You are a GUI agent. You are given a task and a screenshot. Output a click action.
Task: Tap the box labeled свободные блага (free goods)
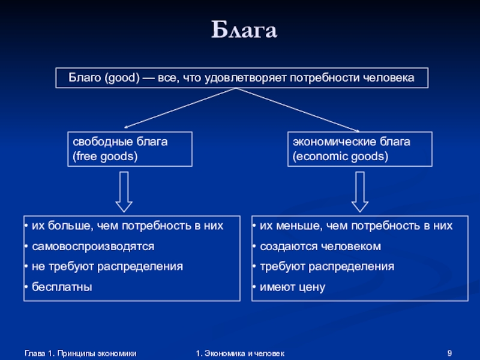point(130,149)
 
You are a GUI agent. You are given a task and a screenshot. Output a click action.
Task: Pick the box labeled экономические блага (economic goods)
point(360,149)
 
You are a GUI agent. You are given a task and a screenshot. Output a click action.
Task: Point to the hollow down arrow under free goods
point(124,191)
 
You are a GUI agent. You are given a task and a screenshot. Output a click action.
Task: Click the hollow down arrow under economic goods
point(359,191)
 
